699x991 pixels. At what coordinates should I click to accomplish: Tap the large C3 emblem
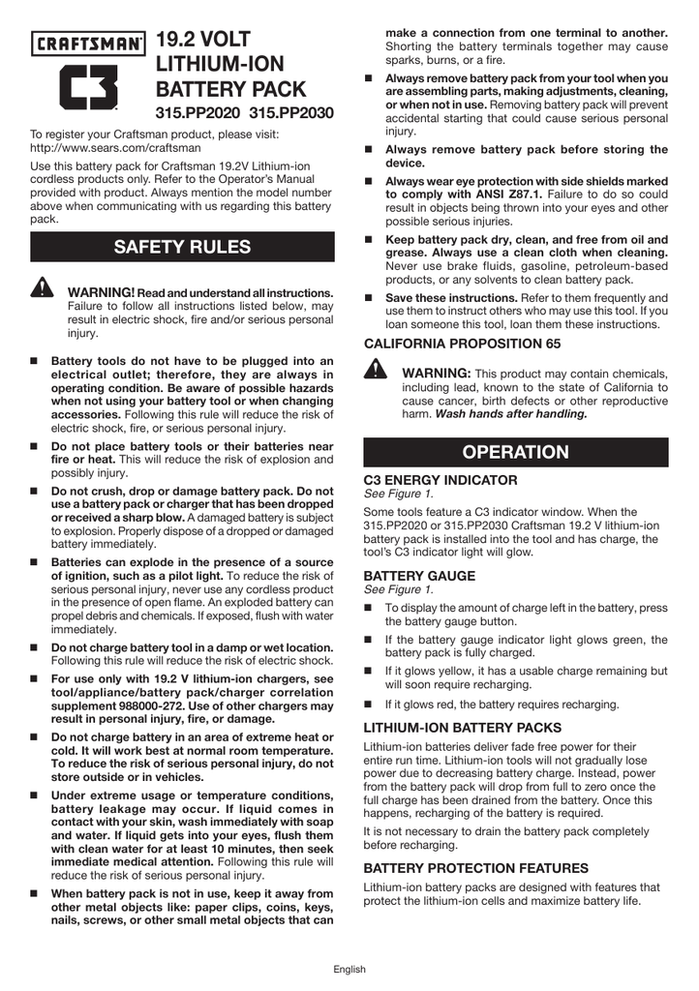pyautogui.click(x=89, y=89)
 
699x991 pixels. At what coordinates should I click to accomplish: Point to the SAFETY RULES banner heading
pyautogui.click(x=182, y=247)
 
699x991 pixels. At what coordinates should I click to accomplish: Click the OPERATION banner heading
pyautogui.click(x=515, y=452)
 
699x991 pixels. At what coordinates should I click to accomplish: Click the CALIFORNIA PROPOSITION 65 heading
pyautogui.click(x=462, y=344)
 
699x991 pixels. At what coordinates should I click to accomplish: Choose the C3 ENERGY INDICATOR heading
pyautogui.click(x=441, y=480)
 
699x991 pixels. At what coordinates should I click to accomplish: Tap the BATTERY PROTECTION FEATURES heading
pyautogui.click(x=475, y=869)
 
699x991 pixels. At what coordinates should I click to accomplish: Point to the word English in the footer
pyautogui.click(x=349, y=969)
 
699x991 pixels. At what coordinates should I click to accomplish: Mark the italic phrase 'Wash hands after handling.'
pyautogui.click(x=511, y=413)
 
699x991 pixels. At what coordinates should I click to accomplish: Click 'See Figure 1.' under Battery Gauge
pyautogui.click(x=397, y=589)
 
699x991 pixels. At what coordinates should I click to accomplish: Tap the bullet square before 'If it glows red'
pyautogui.click(x=369, y=705)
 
